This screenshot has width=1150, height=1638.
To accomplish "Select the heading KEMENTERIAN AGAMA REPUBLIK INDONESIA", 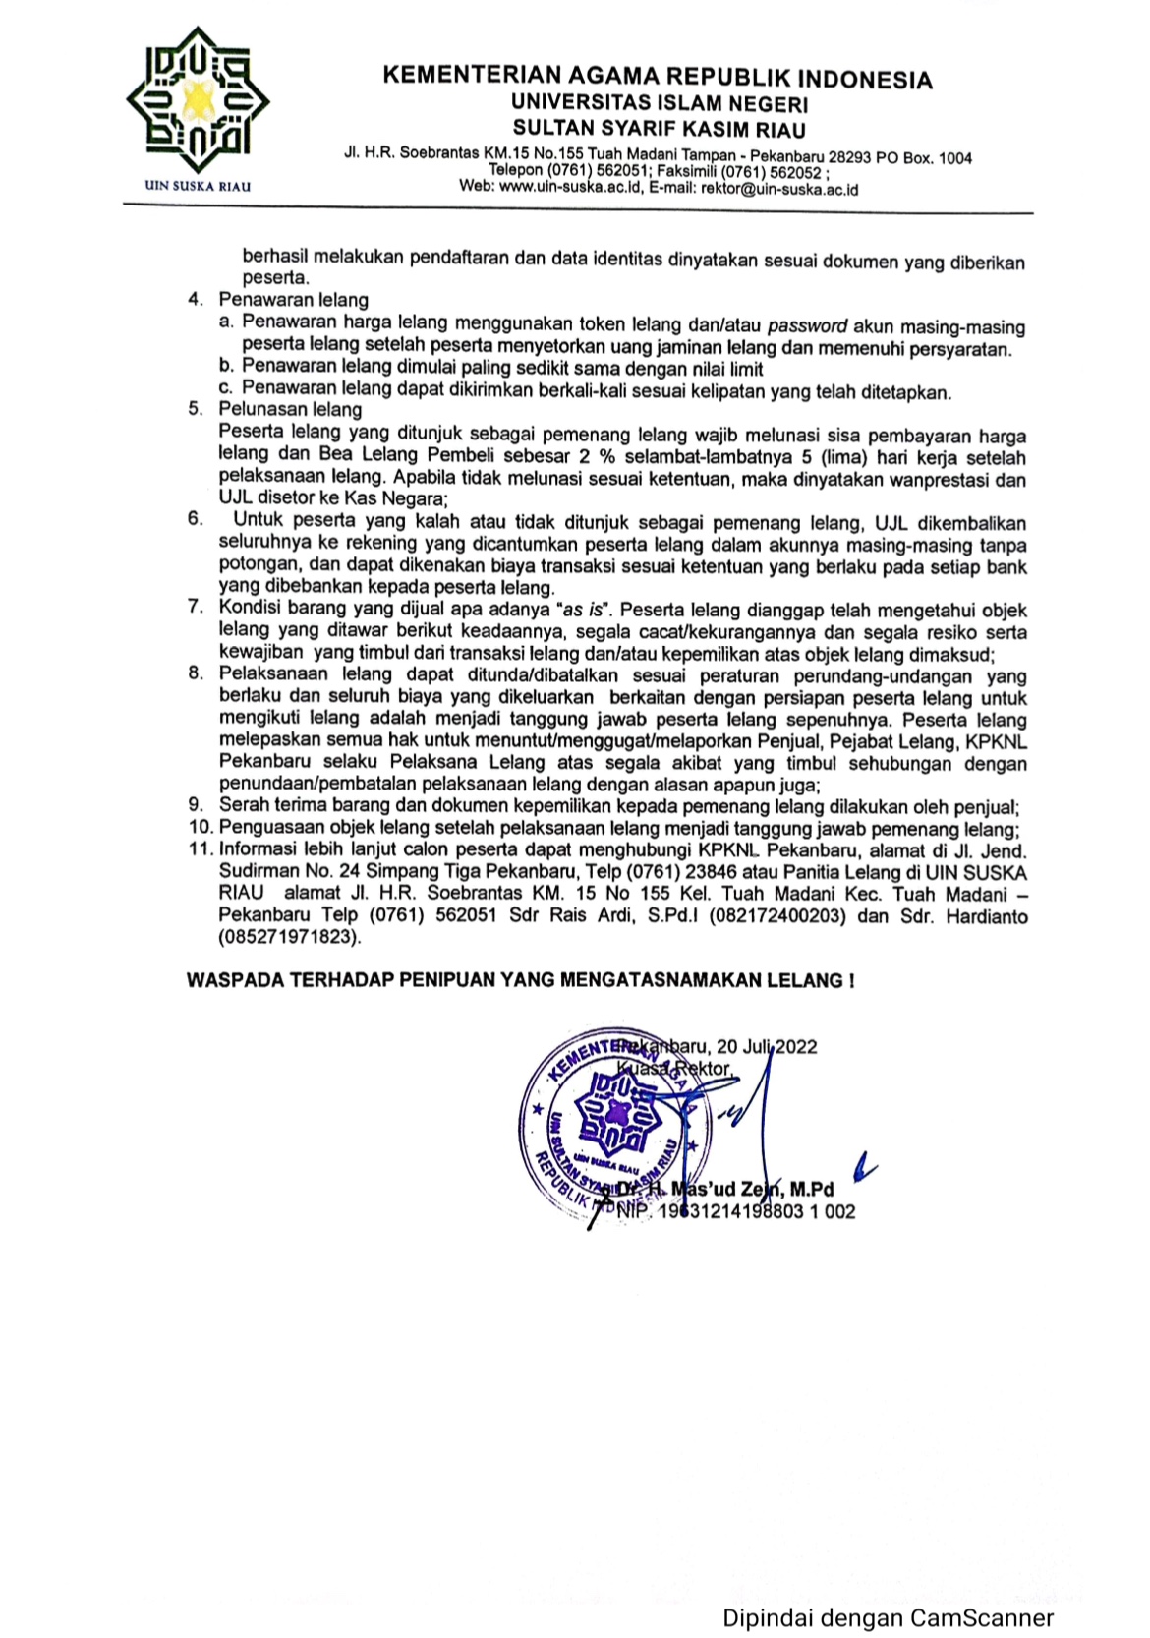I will tap(657, 78).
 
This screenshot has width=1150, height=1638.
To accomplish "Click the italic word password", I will tap(807, 326).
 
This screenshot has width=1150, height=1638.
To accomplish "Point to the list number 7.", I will tap(196, 608).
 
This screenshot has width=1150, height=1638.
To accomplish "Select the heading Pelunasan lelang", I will tap(290, 410).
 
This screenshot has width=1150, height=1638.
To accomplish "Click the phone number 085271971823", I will tap(289, 938).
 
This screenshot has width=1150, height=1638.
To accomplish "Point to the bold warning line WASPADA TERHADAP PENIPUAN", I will tap(520, 980).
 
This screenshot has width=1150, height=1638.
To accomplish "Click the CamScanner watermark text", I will tap(889, 1617).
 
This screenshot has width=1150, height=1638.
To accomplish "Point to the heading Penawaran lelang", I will tap(293, 301).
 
